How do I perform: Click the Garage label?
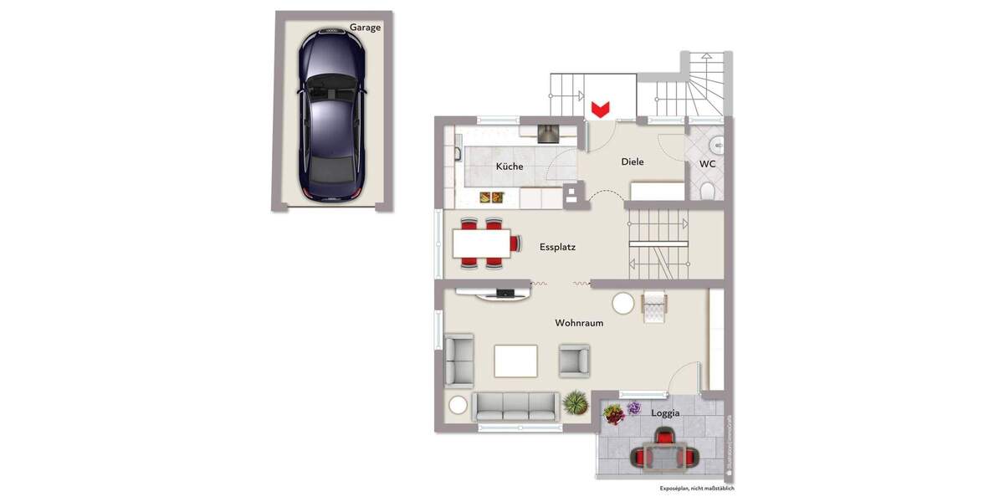pyautogui.click(x=365, y=27)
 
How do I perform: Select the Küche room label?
pyautogui.click(x=510, y=166)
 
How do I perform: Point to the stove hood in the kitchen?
pyautogui.click(x=548, y=131)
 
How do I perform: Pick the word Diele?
pyautogui.click(x=633, y=161)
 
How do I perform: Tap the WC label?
pyautogui.click(x=708, y=164)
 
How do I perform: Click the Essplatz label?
pyautogui.click(x=557, y=247)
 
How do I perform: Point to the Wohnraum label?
pyautogui.click(x=579, y=322)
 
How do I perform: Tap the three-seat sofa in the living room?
pyautogui.click(x=515, y=406)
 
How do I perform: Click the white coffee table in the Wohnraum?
pyautogui.click(x=516, y=361)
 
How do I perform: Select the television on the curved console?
pyautogui.click(x=505, y=292)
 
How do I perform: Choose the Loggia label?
pyautogui.click(x=665, y=412)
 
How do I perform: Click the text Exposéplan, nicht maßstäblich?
pyautogui.click(x=697, y=488)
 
